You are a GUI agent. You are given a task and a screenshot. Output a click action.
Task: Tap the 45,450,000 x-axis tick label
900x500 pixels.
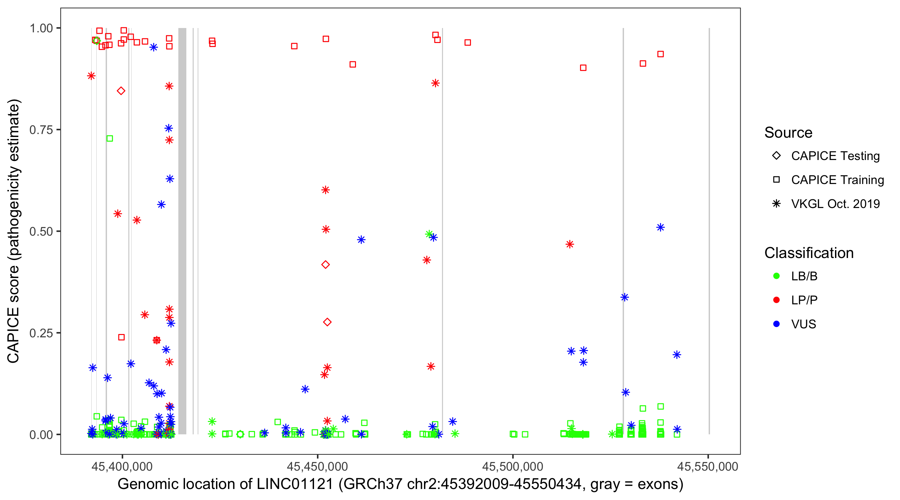point(317,466)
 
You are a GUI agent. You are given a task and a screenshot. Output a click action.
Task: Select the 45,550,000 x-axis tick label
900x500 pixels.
point(708,466)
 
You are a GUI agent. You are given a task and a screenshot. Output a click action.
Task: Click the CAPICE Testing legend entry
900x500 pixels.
point(835,156)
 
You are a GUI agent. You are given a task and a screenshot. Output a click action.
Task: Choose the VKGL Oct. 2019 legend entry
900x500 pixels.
point(835,204)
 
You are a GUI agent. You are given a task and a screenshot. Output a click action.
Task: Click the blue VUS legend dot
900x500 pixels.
point(777,324)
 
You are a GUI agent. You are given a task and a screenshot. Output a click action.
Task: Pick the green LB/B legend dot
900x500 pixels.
point(777,276)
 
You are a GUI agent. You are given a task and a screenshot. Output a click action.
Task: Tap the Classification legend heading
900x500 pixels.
point(809,253)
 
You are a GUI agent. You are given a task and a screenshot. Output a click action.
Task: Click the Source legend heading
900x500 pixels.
point(788,133)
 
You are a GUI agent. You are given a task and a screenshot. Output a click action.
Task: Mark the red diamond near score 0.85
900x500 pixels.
point(121,91)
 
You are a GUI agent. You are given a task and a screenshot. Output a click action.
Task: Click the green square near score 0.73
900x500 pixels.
point(110,139)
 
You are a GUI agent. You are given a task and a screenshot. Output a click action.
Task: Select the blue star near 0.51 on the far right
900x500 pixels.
point(660,227)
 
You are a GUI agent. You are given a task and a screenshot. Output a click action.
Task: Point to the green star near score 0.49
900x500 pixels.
point(429,234)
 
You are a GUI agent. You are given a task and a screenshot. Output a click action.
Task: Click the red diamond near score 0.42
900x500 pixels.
point(325,265)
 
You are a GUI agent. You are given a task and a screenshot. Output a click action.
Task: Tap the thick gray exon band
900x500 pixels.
point(182,231)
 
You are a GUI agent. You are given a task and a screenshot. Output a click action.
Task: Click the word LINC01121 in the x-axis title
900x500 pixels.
point(295,484)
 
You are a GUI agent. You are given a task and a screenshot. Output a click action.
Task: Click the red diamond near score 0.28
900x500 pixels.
point(327,322)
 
